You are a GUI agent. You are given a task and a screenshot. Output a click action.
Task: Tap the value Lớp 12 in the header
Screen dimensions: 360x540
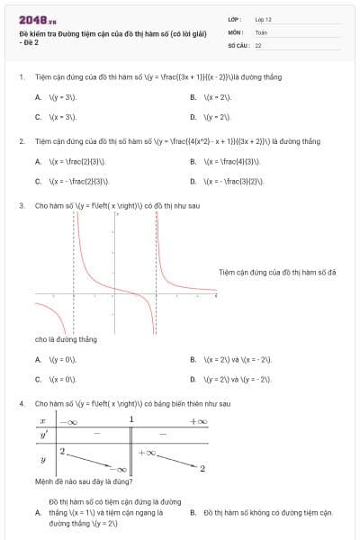pyautogui.click(x=263, y=19)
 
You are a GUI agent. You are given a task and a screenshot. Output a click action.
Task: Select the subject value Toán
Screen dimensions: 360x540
pyautogui.click(x=261, y=31)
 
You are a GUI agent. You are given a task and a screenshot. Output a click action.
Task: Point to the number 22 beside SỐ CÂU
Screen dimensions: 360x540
pyautogui.click(x=258, y=44)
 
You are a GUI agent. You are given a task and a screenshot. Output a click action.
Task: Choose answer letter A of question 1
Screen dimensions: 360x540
pyautogui.click(x=38, y=96)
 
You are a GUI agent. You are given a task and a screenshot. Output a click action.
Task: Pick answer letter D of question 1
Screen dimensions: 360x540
pyautogui.click(x=193, y=117)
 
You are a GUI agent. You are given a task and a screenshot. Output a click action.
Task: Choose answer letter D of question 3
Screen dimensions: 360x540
pyautogui.click(x=193, y=380)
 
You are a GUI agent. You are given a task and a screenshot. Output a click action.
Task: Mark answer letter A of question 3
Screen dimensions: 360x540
pyautogui.click(x=38, y=360)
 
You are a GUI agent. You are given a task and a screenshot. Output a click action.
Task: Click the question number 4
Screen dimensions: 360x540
pyautogui.click(x=21, y=404)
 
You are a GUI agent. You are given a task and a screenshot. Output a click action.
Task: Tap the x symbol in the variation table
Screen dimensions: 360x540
pyautogui.click(x=42, y=421)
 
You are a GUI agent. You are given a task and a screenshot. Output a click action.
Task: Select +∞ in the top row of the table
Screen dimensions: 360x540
pyautogui.click(x=197, y=421)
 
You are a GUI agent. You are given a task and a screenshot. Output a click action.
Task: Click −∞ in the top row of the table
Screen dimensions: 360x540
pyautogui.click(x=68, y=421)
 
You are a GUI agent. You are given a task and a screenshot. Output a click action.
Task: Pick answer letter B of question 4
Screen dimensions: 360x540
pyautogui.click(x=193, y=513)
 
